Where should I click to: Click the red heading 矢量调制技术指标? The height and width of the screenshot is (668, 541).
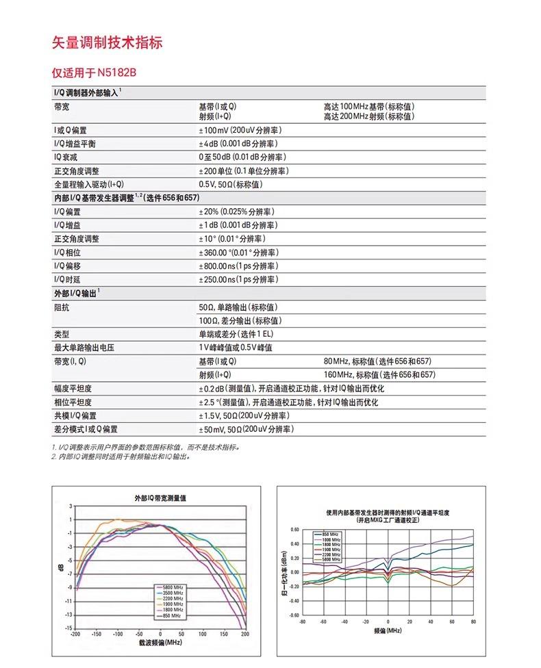click(108, 42)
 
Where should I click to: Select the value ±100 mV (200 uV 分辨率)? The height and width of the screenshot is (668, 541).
click(240, 130)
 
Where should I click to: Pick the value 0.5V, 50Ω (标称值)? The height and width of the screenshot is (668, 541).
click(231, 184)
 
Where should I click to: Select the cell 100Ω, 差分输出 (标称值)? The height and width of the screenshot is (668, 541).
click(239, 320)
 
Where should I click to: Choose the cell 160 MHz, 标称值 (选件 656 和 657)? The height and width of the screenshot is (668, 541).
click(379, 374)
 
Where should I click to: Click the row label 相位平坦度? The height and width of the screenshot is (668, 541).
click(73, 402)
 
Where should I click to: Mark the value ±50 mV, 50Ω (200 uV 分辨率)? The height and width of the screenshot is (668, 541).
click(246, 429)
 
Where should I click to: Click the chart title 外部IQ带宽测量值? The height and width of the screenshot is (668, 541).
click(160, 498)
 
